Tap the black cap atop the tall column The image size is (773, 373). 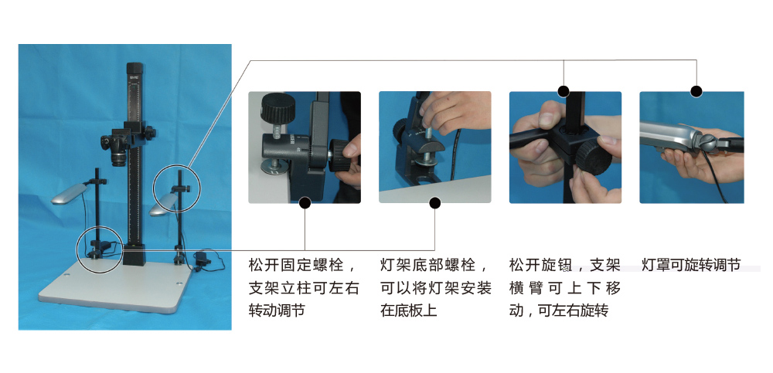135,68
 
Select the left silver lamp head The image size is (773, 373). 69,194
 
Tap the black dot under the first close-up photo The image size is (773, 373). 305,202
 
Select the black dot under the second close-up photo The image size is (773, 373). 434,202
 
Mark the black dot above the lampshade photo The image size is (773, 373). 696,91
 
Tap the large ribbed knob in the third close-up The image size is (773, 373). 594,158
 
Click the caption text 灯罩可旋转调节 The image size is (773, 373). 691,265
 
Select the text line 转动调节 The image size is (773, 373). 277,310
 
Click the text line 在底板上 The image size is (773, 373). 409,310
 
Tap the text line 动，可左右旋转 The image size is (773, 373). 559,310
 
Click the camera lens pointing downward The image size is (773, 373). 118,160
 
